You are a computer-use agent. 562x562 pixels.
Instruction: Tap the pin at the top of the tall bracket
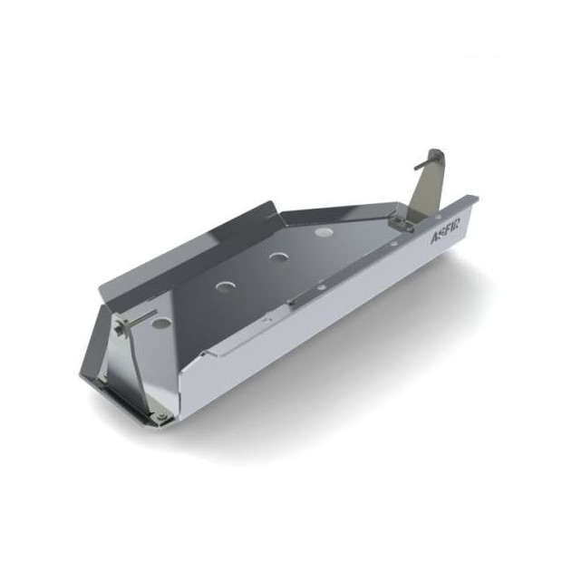pyautogui.click(x=434, y=153)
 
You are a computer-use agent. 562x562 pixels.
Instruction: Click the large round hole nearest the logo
pyautogui.click(x=321, y=232)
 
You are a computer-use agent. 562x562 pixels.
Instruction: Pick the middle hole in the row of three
pyautogui.click(x=273, y=257)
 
